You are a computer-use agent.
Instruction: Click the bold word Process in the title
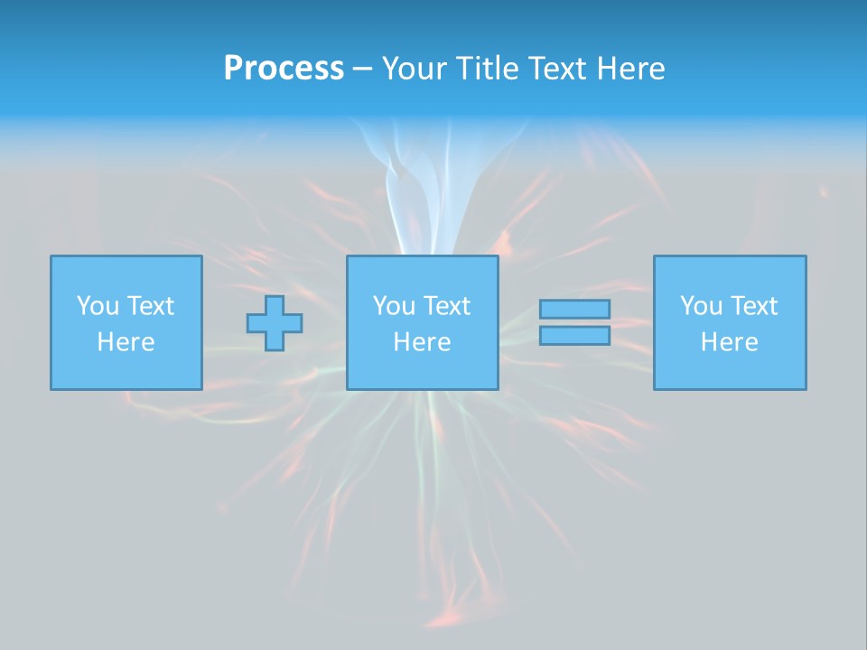(x=284, y=69)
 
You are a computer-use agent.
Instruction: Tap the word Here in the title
(x=630, y=69)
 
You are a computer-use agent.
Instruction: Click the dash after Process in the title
(x=362, y=70)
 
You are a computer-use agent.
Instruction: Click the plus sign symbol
(x=275, y=322)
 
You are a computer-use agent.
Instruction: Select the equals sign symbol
(x=574, y=322)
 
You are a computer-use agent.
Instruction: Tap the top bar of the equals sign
(x=574, y=309)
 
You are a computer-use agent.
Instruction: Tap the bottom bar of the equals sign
(x=574, y=336)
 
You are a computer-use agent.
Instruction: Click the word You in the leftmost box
(x=98, y=306)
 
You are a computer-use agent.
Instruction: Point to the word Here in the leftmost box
(x=126, y=342)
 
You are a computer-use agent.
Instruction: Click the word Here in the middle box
(x=422, y=342)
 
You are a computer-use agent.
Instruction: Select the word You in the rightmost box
(x=701, y=306)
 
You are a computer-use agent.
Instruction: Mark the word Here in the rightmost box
(x=730, y=342)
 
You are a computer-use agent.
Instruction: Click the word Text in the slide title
(x=556, y=69)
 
